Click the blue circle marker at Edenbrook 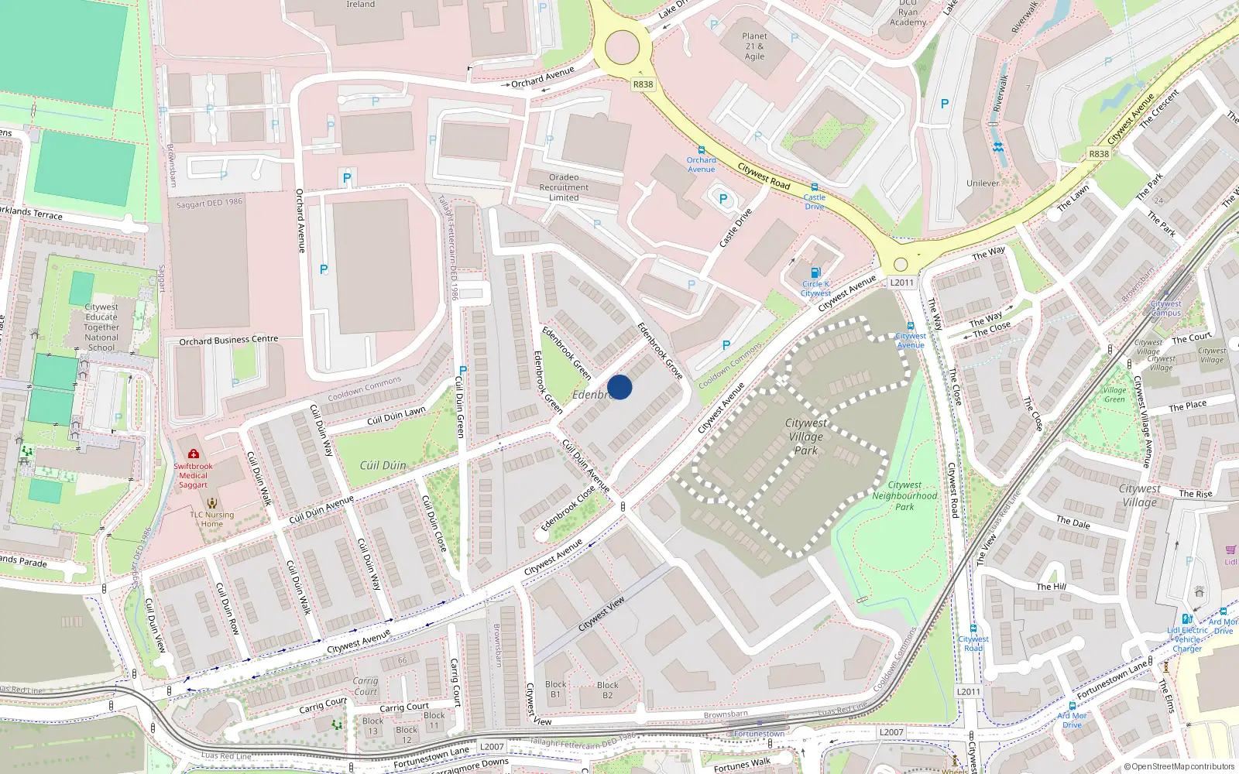pyautogui.click(x=619, y=387)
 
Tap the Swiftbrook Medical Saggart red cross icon pyautogui.click(x=194, y=454)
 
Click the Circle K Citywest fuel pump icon pyautogui.click(x=815, y=272)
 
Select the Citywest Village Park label pyautogui.click(x=805, y=437)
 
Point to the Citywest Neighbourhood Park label pyautogui.click(x=904, y=495)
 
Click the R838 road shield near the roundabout pyautogui.click(x=643, y=84)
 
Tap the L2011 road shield pyautogui.click(x=901, y=283)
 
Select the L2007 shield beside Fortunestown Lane pyautogui.click(x=492, y=747)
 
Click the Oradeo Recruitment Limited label pyautogui.click(x=564, y=187)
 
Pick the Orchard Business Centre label pyautogui.click(x=228, y=340)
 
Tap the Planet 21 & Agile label pyautogui.click(x=754, y=46)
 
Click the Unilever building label pyautogui.click(x=983, y=183)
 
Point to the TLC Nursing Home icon pyautogui.click(x=212, y=503)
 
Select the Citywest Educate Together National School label pyautogui.click(x=101, y=327)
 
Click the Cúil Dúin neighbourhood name pyautogui.click(x=383, y=465)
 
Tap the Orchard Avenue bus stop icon pyautogui.click(x=702, y=150)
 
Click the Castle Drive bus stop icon pyautogui.click(x=814, y=187)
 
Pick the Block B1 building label pyautogui.click(x=555, y=689)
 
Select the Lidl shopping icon pyautogui.click(x=1230, y=550)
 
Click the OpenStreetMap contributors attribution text pyautogui.click(x=1179, y=766)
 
